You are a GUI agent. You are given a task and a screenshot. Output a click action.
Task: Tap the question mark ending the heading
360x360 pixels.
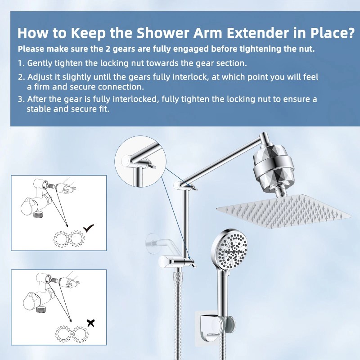(348, 33)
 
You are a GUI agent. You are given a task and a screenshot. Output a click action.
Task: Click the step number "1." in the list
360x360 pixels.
(21, 63)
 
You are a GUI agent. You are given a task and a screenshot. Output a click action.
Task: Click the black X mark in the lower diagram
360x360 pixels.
(91, 322)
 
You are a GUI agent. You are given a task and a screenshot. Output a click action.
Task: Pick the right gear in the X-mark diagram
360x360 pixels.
(80, 333)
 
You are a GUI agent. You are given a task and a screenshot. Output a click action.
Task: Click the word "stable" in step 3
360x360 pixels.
(39, 109)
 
